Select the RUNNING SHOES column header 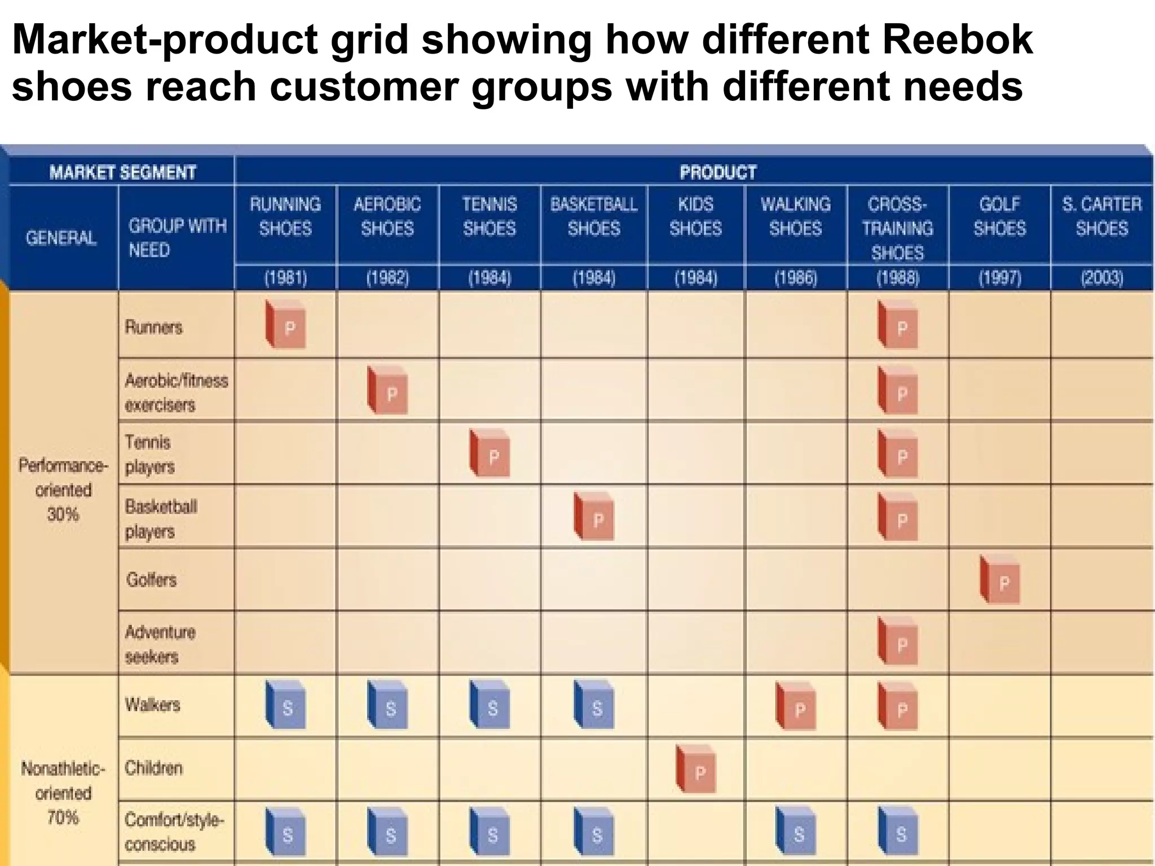point(285,216)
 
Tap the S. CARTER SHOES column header point(1101,216)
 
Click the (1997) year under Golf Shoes point(999,278)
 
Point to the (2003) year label point(1101,278)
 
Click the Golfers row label point(151,580)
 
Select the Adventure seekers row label point(160,644)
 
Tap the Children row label point(153,768)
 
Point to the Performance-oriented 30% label point(63,489)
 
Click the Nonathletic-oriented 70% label point(63,793)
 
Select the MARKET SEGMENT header point(122,172)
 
